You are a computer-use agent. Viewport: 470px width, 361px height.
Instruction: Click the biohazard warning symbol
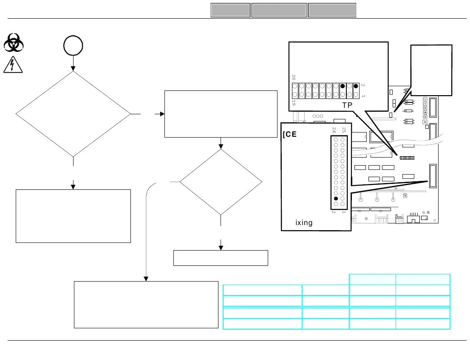point(14,44)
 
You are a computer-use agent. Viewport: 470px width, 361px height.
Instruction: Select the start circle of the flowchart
point(73,45)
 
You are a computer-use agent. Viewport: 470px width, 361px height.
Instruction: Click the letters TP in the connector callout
point(347,105)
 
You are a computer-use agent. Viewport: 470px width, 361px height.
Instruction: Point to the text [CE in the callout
point(290,135)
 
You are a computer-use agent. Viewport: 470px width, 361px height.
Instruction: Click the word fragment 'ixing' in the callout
point(304,223)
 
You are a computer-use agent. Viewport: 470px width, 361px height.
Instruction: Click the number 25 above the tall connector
point(343,130)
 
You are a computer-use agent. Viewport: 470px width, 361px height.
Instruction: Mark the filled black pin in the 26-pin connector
point(336,198)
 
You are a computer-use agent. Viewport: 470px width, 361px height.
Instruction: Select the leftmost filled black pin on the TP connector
point(343,86)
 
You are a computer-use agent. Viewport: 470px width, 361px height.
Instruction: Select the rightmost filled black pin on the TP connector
point(356,86)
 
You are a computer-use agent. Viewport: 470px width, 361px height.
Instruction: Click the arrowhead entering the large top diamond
point(73,68)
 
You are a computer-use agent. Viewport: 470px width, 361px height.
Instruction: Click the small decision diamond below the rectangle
point(221,182)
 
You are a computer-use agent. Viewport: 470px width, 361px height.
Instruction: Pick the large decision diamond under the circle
point(73,114)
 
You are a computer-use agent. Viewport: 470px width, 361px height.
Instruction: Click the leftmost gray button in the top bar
point(230,10)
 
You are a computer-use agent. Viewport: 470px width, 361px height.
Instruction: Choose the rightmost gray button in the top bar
point(332,10)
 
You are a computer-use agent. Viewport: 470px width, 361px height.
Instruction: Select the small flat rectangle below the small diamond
point(221,258)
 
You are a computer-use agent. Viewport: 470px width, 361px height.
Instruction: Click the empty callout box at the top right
point(431,70)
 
